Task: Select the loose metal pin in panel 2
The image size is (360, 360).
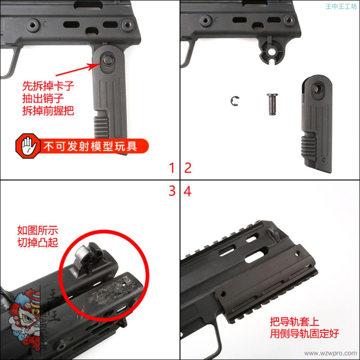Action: tap(272, 104)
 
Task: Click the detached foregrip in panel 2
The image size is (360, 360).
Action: tap(317, 123)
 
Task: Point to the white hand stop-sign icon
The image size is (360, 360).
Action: tap(28, 146)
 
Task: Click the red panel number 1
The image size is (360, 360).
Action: tap(172, 168)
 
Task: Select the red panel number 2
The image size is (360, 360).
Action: tap(188, 168)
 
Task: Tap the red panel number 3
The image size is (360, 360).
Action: tap(172, 191)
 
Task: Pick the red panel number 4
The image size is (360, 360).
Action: tap(187, 191)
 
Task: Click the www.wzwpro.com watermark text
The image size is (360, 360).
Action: tap(330, 353)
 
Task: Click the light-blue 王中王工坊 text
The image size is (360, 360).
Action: tap(341, 6)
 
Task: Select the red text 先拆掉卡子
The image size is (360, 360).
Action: tap(48, 86)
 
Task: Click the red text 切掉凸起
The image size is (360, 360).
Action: tap(38, 242)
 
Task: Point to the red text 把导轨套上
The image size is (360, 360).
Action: tap(294, 321)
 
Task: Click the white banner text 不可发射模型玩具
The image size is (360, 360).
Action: tap(90, 146)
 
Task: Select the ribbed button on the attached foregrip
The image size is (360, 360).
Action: tap(101, 127)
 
